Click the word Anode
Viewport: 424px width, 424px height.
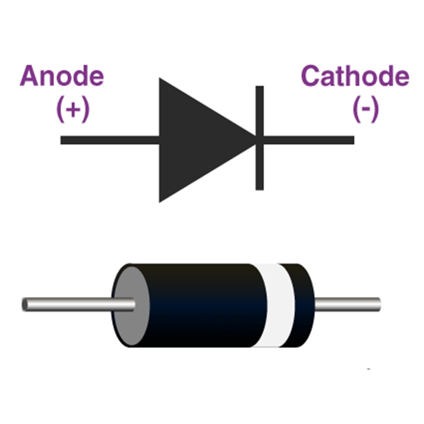coord(62,77)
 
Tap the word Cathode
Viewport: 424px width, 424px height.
coord(355,77)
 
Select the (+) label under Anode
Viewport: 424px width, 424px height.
coord(73,111)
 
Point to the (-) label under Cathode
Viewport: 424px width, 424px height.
coord(366,111)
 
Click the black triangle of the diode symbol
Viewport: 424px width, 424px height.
coord(198,140)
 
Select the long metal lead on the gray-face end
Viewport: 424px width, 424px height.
coord(71,305)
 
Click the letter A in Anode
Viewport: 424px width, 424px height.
coord(29,77)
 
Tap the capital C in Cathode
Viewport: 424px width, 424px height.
coord(312,77)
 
